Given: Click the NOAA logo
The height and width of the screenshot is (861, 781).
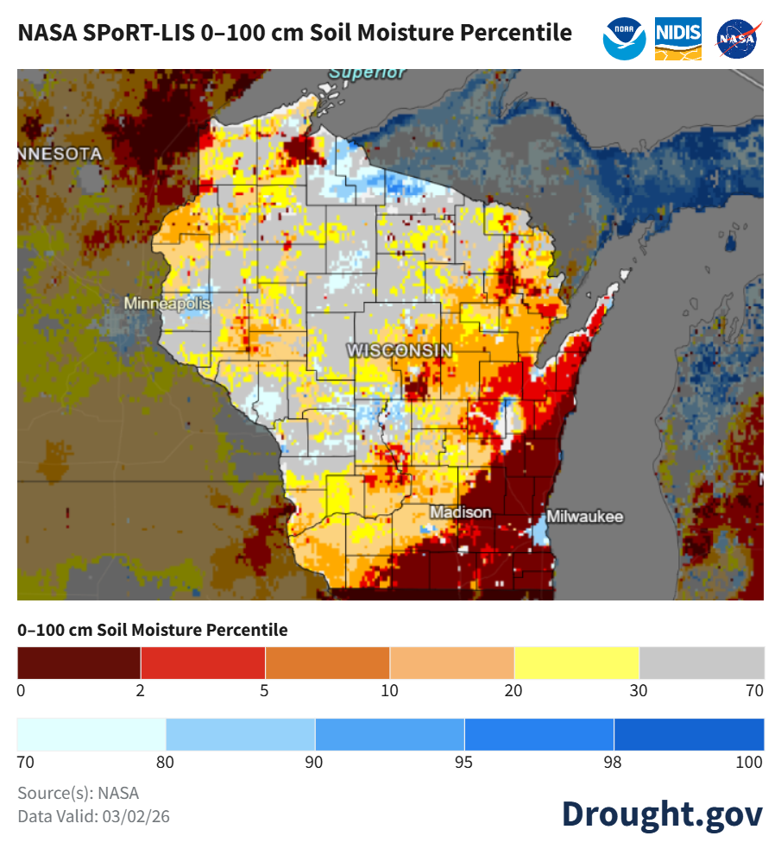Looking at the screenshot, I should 625,38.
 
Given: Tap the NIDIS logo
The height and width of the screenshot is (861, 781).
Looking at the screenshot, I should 678,38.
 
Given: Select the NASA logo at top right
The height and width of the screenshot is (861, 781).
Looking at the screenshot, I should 738,39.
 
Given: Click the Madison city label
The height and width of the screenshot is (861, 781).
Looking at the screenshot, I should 461,512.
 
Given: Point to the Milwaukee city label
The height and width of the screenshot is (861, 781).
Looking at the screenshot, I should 585,517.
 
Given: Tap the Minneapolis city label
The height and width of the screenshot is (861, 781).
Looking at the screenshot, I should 167,304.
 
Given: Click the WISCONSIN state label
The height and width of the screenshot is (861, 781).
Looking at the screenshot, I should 400,350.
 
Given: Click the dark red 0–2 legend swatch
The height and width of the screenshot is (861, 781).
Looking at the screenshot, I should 79,663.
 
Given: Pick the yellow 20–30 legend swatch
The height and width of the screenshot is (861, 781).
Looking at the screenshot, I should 576,663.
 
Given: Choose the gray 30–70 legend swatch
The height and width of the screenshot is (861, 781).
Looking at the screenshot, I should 702,663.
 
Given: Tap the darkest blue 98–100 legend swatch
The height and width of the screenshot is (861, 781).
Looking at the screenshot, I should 689,734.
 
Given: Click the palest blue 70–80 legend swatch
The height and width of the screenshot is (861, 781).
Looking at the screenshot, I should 91,734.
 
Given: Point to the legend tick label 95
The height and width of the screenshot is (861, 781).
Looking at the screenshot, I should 464,762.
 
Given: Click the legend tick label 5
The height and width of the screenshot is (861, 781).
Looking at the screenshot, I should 264,690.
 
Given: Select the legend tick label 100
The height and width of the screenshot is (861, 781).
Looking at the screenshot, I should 750,762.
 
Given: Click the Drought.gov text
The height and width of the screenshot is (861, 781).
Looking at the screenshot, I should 662,814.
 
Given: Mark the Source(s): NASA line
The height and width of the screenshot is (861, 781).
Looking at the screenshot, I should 78,793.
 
